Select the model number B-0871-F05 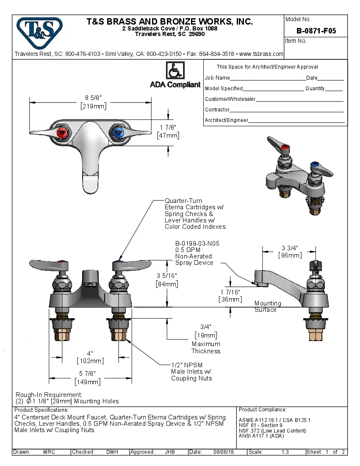(x=316, y=31)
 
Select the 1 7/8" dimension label (x=168, y=128)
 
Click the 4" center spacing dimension (x=90, y=353)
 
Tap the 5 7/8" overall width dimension (x=88, y=374)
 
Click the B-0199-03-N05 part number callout (x=197, y=244)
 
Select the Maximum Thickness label (x=206, y=347)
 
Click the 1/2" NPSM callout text (x=187, y=365)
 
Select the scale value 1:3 (x=285, y=452)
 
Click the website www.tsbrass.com (x=261, y=54)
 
